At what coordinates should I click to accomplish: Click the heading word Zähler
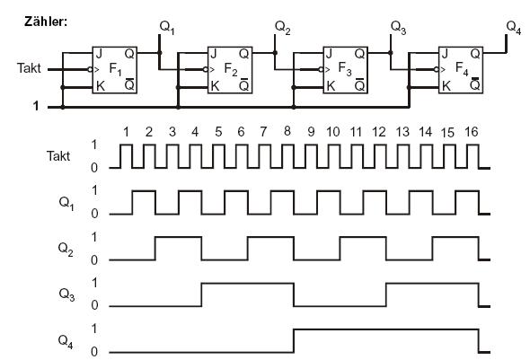[x=46, y=22]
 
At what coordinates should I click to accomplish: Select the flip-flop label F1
[x=115, y=69]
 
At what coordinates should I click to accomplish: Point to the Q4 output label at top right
[x=514, y=27]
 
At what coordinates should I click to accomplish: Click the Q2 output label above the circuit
[x=283, y=27]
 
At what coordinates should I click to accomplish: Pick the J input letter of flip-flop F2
[x=213, y=53]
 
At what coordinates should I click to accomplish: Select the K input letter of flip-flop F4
[x=446, y=86]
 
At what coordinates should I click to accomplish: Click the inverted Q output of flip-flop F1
[x=129, y=84]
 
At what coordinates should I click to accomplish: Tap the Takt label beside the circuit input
[x=29, y=68]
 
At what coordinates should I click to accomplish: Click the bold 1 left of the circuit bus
[x=36, y=106]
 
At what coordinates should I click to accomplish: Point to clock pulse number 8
[x=287, y=131]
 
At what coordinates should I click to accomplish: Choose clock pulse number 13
[x=402, y=132]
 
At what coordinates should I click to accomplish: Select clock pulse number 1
[x=126, y=132]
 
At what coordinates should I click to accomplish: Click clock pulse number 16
[x=472, y=132]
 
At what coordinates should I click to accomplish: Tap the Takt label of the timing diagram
[x=58, y=156]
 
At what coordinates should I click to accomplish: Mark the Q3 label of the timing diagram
[x=66, y=294]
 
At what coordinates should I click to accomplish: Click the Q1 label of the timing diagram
[x=66, y=203]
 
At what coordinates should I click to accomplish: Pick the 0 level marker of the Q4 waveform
[x=94, y=352]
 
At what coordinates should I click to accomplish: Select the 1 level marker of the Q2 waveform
[x=94, y=237]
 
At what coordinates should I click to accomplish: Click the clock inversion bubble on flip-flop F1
[x=90, y=69]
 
